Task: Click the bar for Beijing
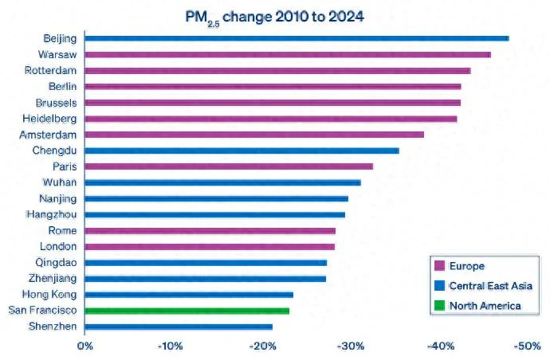coord(296,38)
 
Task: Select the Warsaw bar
coord(287,54)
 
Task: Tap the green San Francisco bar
coord(187,311)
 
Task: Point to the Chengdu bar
coord(242,150)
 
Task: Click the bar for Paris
coord(228,166)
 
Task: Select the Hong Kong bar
coord(188,295)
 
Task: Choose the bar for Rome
coord(210,231)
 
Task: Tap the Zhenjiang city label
coord(53,279)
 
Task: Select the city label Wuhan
coord(61,182)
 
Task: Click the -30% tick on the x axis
coord(351,346)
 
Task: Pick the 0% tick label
coord(84,346)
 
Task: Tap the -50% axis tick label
coord(528,346)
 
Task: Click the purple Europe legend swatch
coord(437,266)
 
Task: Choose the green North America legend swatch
coord(437,305)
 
